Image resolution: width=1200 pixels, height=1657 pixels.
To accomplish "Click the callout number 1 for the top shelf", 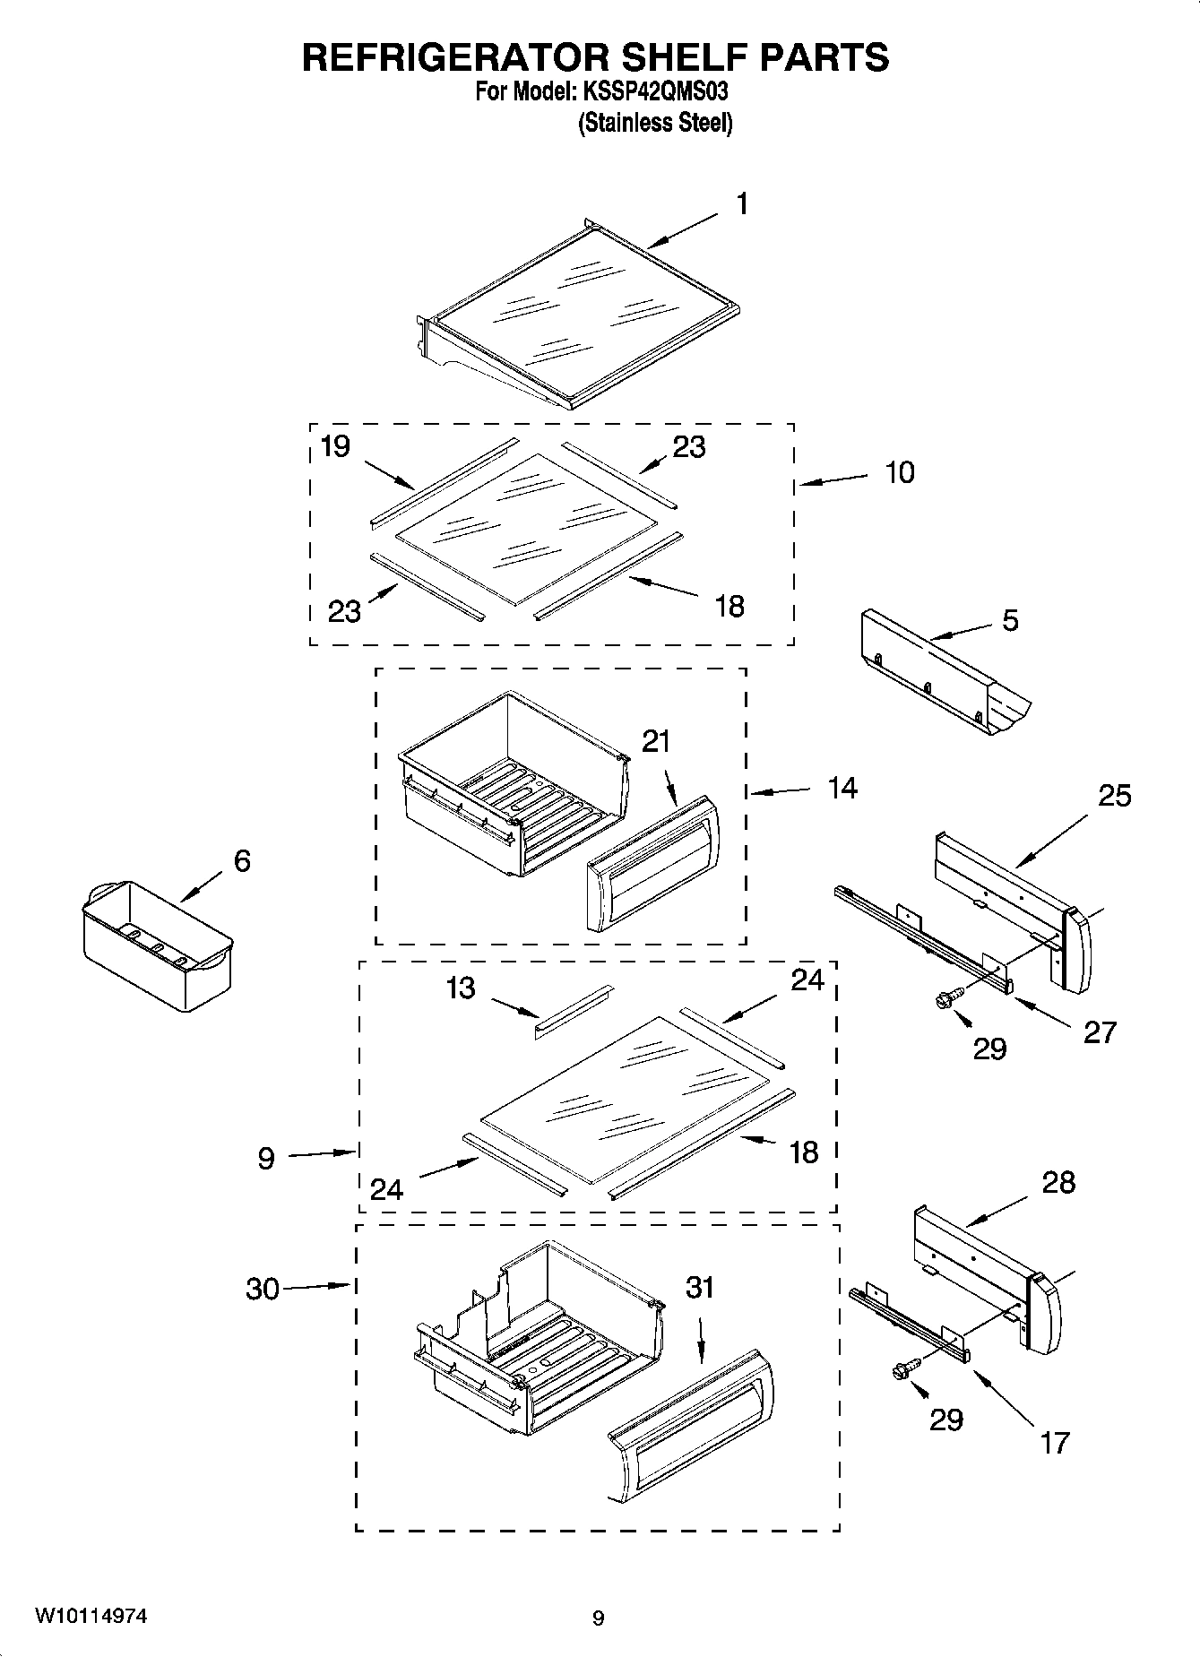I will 741,205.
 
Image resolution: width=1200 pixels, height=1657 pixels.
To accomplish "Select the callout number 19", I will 335,446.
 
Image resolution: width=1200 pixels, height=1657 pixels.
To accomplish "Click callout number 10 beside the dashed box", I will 900,472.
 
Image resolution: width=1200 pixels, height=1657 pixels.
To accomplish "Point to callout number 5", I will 1010,620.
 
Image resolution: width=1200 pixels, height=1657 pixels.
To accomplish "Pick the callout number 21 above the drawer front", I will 656,741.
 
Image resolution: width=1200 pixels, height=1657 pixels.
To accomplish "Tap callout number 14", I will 842,789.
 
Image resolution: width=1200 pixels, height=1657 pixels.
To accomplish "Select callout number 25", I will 1115,795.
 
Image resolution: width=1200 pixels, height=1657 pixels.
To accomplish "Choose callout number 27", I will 1100,1032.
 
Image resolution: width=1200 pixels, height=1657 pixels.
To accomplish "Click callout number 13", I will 461,988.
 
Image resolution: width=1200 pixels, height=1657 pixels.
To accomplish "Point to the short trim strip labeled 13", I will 574,1013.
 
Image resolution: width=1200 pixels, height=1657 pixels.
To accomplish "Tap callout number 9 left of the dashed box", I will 266,1159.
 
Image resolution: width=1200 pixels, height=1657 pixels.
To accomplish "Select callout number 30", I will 263,1290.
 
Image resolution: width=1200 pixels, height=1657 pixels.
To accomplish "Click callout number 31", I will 700,1287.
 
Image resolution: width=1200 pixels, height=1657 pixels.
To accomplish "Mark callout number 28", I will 1058,1183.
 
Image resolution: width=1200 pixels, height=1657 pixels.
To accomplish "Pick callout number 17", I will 1055,1443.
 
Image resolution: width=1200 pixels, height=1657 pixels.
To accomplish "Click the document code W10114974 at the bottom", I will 91,1617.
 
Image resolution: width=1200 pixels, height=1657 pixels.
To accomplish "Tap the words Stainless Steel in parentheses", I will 655,123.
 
